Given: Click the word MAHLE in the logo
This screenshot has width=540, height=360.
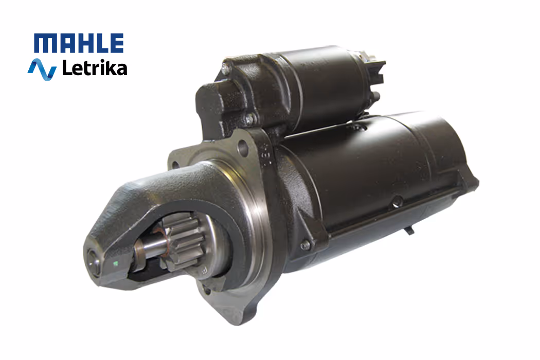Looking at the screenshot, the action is coord(79,43).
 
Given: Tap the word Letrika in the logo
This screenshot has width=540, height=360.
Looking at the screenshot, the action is coord(94,67).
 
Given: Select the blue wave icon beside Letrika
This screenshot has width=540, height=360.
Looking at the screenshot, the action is coord(42,69).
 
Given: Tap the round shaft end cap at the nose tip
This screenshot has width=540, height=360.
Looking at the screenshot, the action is coord(93,261).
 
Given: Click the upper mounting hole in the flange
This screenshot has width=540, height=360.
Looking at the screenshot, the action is coord(243,147).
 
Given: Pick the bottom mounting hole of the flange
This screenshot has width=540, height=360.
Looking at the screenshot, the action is coord(207,291).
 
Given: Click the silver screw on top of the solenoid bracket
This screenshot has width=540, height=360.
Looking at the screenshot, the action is coord(225,69).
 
